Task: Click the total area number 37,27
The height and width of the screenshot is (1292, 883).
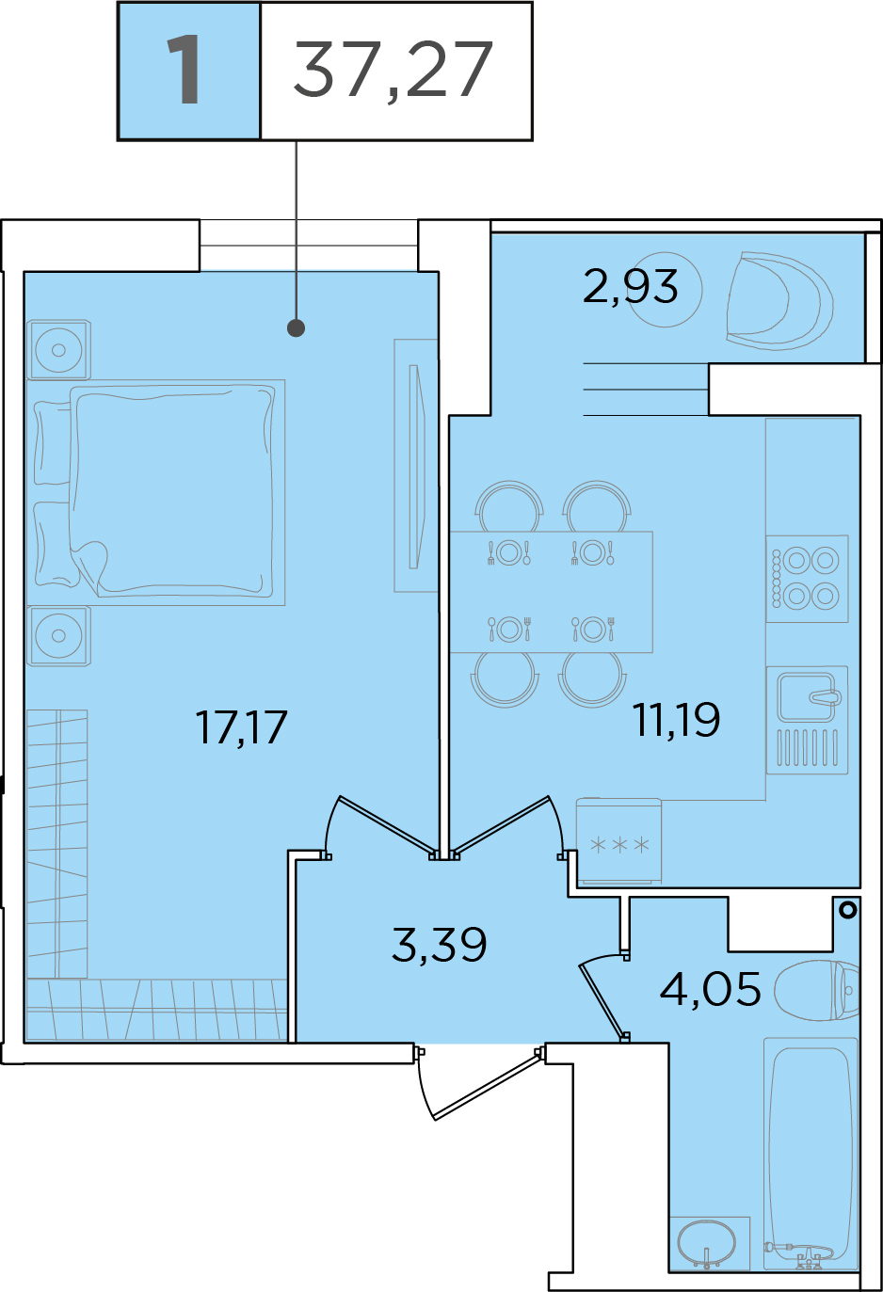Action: tap(393, 71)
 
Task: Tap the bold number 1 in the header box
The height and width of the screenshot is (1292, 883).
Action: tap(184, 70)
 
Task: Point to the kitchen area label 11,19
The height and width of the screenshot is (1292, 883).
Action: tap(677, 719)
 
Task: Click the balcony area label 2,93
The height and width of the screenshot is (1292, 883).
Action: tap(630, 287)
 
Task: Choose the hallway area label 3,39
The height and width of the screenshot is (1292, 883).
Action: tap(440, 944)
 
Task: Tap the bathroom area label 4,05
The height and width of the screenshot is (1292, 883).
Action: tap(711, 989)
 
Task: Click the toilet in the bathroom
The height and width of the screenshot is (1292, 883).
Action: tap(816, 990)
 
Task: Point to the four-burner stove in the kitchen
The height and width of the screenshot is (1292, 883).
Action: tap(807, 579)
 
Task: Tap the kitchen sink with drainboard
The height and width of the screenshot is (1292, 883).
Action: tap(807, 720)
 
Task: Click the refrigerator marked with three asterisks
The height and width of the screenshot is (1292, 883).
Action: tap(618, 841)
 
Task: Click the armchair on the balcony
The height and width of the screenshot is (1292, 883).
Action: tap(779, 300)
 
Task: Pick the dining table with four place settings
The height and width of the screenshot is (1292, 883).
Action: tap(551, 592)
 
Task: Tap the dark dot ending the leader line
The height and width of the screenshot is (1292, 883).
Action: tap(297, 328)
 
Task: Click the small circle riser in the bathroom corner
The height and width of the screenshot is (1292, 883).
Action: tap(848, 910)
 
